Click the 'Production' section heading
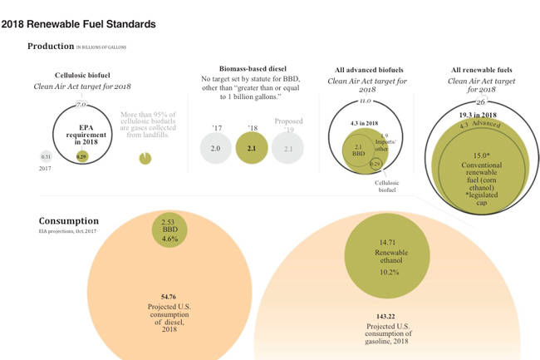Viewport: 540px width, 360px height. (51, 47)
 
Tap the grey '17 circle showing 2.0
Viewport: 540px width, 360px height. (216, 148)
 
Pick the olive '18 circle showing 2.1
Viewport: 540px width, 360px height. (252, 148)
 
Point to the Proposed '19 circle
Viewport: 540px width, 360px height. (288, 148)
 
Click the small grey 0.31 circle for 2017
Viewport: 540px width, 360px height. (47, 155)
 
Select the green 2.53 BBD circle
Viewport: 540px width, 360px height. (170, 229)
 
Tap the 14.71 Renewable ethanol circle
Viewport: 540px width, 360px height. (390, 253)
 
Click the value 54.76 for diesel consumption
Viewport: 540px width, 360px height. (170, 297)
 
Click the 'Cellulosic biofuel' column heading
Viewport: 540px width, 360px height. (82, 75)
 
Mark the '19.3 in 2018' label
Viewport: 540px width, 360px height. (478, 114)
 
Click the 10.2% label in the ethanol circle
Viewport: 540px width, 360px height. (390, 272)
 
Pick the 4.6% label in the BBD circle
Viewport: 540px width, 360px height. (170, 239)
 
